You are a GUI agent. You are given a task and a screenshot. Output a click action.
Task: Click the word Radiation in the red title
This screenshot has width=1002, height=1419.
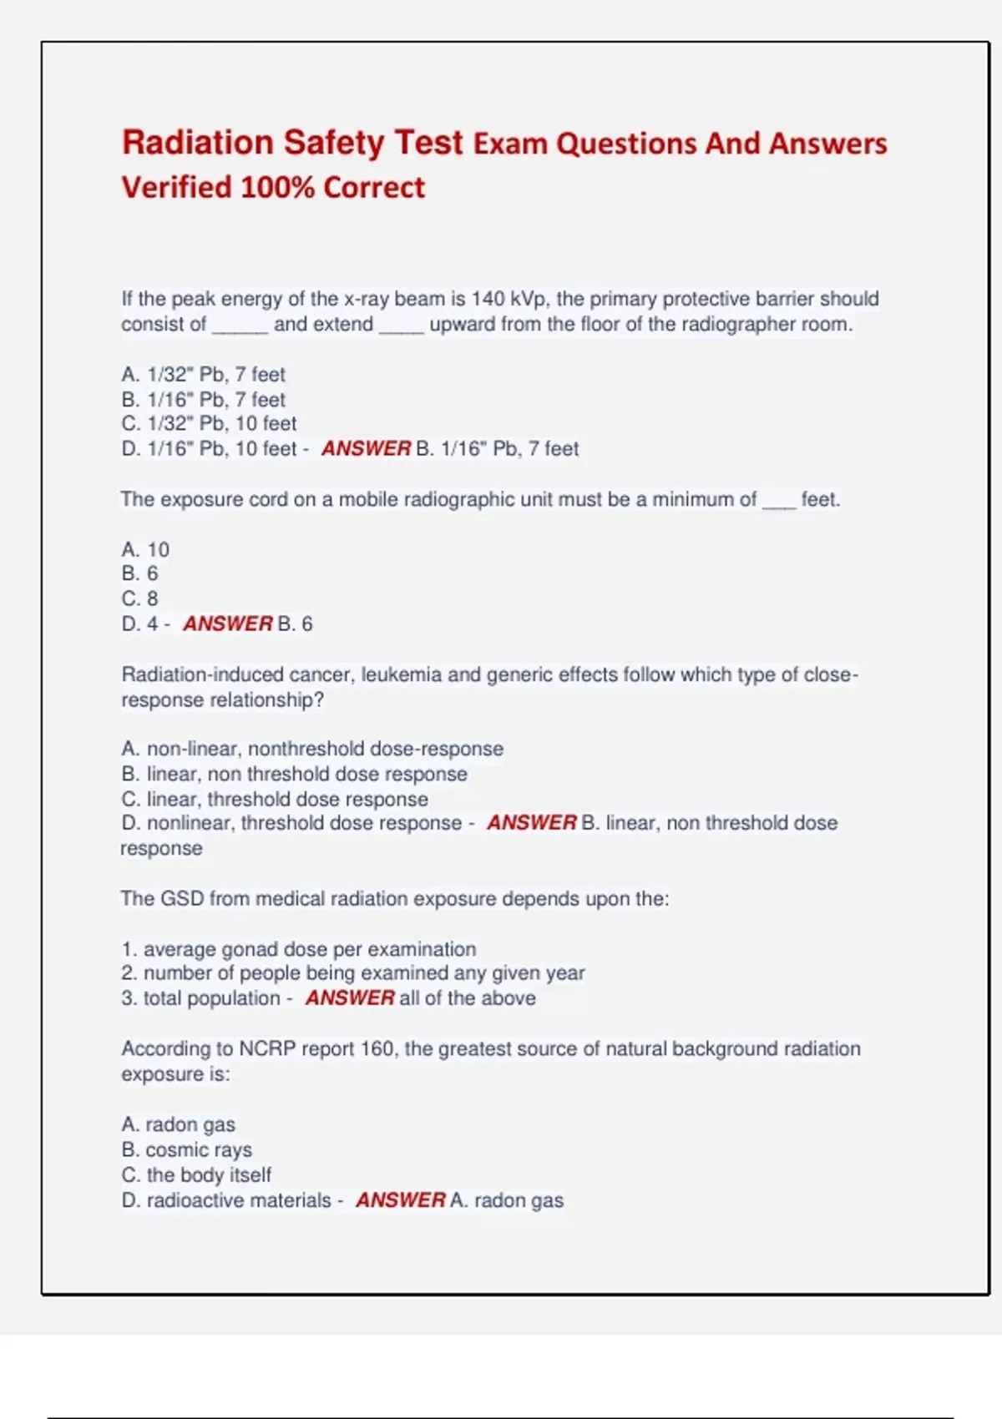[197, 143]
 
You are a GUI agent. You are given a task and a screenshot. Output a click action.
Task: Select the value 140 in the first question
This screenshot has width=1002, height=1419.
[488, 299]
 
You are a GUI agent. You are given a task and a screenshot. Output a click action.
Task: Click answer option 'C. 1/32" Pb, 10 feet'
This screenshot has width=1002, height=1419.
[209, 423]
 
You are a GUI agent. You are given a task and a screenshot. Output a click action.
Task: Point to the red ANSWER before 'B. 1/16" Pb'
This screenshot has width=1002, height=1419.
[366, 448]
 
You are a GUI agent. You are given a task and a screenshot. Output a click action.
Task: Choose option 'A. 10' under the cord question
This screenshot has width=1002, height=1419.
[145, 549]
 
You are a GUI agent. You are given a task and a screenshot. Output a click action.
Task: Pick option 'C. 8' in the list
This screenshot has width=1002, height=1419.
[139, 598]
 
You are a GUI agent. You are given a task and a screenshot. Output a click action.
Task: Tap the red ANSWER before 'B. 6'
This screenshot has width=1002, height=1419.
[227, 624]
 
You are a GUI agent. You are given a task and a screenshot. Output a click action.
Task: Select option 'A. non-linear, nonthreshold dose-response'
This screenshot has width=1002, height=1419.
[312, 749]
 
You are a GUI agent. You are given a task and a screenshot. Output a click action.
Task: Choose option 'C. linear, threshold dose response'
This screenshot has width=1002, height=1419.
[275, 799]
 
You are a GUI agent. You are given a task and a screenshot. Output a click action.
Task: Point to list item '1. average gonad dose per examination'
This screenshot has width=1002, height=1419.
[299, 949]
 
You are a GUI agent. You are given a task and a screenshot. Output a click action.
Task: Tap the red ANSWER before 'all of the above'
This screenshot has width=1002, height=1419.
[349, 997]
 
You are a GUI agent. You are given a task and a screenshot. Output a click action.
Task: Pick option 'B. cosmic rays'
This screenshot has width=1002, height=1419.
[187, 1149]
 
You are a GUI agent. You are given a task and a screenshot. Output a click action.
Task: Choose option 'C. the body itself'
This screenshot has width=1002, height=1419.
[196, 1174]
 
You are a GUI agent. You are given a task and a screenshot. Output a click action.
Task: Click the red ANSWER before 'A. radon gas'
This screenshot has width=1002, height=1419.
[400, 1200]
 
